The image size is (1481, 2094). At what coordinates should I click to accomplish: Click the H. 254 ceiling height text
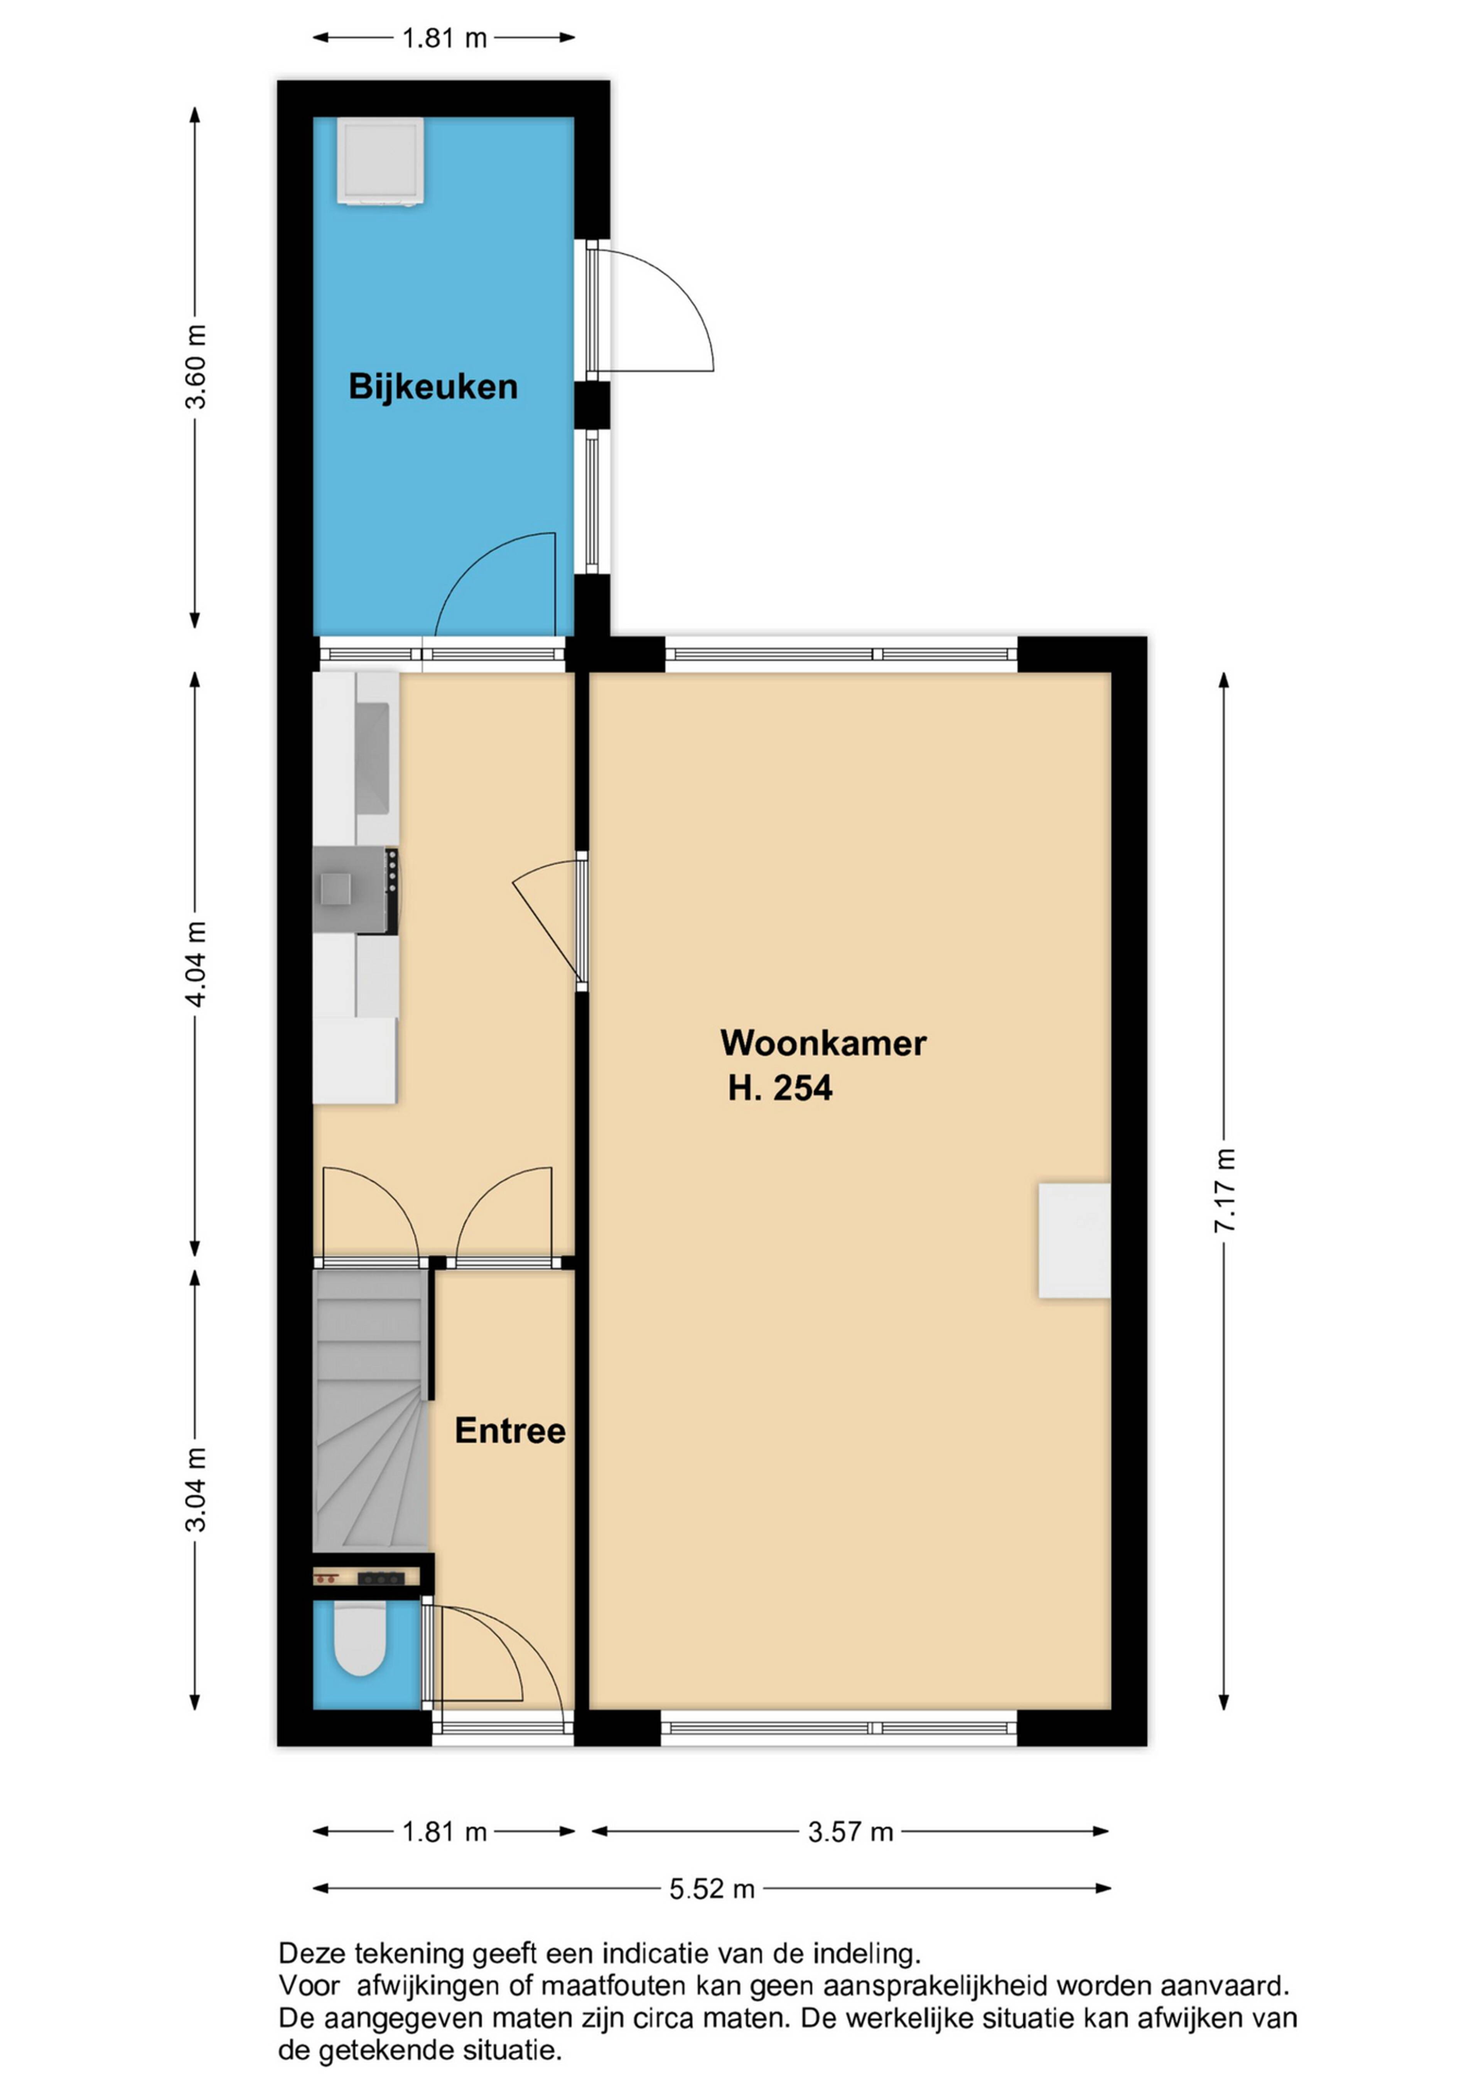pyautogui.click(x=780, y=1088)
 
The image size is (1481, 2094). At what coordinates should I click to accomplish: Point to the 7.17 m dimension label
pyautogui.click(x=1224, y=1190)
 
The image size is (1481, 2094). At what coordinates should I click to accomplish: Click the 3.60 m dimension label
pyautogui.click(x=195, y=367)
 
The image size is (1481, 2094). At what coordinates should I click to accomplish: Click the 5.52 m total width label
pyautogui.click(x=712, y=1889)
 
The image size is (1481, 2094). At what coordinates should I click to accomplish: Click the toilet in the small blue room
pyautogui.click(x=359, y=1639)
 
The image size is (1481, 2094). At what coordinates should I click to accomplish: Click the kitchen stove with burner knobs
pyautogui.click(x=356, y=890)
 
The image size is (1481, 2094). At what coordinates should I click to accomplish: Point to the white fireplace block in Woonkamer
pyautogui.click(x=1074, y=1240)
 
